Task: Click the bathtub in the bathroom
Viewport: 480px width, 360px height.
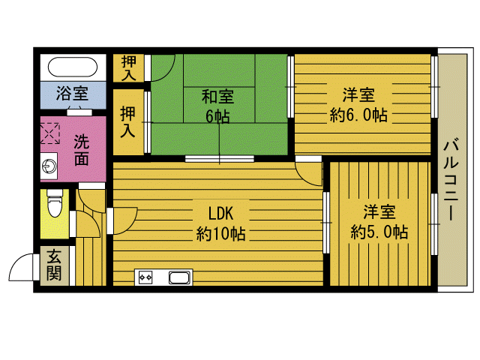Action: click(73, 67)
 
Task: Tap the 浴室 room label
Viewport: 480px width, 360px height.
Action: click(73, 93)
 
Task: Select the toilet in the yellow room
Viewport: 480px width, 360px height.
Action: click(54, 203)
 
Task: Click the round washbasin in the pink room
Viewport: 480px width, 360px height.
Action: click(49, 166)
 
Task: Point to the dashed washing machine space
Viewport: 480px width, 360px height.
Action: click(49, 133)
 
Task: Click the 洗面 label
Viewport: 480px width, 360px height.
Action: click(82, 150)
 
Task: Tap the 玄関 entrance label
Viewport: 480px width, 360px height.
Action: click(54, 265)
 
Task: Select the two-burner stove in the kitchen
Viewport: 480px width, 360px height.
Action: click(145, 277)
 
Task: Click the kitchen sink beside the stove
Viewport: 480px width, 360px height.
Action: click(180, 277)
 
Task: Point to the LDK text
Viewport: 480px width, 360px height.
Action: click(221, 213)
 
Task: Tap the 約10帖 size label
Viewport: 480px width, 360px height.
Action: click(220, 233)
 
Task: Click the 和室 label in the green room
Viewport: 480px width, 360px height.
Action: click(218, 96)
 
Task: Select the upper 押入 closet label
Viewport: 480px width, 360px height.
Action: click(129, 68)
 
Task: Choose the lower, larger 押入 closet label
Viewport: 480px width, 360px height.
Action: click(128, 121)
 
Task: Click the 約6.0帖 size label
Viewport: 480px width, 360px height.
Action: click(358, 115)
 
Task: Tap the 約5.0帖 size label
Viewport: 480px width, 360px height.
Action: click(379, 232)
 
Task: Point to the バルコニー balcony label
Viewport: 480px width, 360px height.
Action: click(451, 180)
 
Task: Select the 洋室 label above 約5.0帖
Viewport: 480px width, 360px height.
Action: click(379, 211)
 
